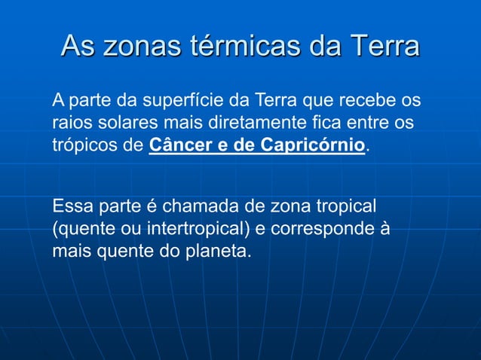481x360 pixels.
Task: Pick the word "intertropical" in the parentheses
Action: click(x=190, y=229)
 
